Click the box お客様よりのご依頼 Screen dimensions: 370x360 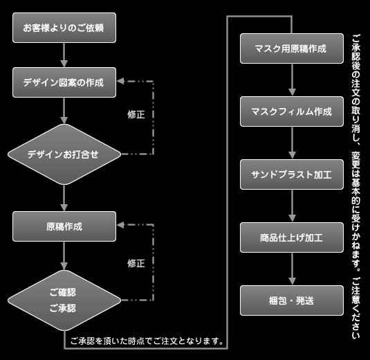point(64,28)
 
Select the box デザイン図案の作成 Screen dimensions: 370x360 point(64,82)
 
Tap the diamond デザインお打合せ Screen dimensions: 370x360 point(64,154)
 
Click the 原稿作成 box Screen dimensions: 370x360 point(64,226)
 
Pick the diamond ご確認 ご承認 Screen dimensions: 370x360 point(64,300)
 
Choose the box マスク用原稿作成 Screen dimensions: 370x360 point(292,48)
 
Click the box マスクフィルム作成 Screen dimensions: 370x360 point(292,111)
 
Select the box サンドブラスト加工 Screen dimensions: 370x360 point(292,174)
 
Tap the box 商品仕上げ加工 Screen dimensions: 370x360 point(292,237)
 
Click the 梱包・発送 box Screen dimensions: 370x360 point(292,300)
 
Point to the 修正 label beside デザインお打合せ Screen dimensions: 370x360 point(136,114)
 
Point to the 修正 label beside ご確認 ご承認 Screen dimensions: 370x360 point(136,263)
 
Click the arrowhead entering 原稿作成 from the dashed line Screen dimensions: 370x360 point(120,225)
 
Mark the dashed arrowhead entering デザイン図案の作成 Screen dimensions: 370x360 point(120,81)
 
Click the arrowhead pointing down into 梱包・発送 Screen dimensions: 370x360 point(292,281)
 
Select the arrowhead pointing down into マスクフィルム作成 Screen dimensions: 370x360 point(292,92)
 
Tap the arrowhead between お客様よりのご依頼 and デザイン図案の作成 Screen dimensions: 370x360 point(64,63)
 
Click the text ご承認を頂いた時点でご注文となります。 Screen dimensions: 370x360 point(147,341)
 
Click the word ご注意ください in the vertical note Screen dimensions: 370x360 point(356,308)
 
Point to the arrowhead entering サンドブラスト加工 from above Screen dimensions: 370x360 point(292,155)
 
